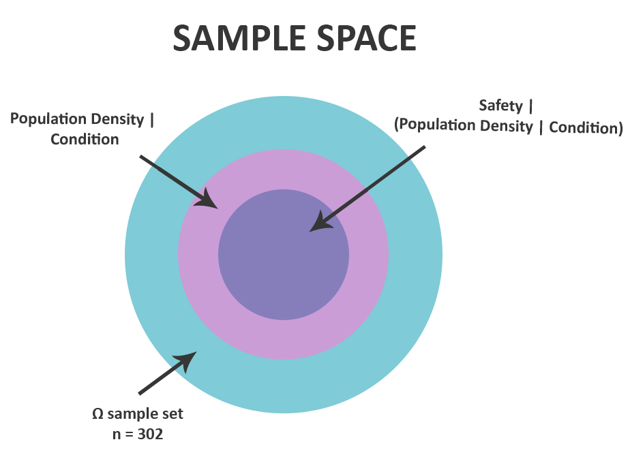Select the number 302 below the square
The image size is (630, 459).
click(151, 434)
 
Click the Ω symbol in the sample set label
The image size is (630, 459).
click(97, 414)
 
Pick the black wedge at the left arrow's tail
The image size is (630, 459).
click(145, 167)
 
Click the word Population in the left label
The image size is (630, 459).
click(43, 120)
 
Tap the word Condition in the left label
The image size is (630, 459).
click(85, 140)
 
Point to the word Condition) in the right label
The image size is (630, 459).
click(586, 127)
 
